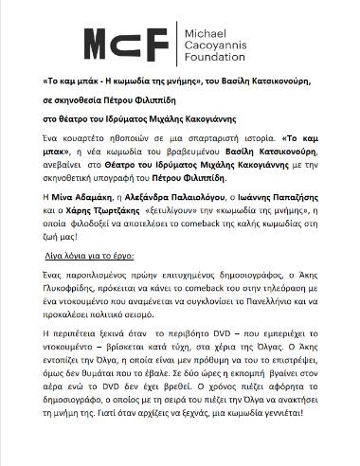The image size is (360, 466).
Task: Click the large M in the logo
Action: pos(102,43)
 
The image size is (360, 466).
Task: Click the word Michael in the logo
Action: pos(203,28)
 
